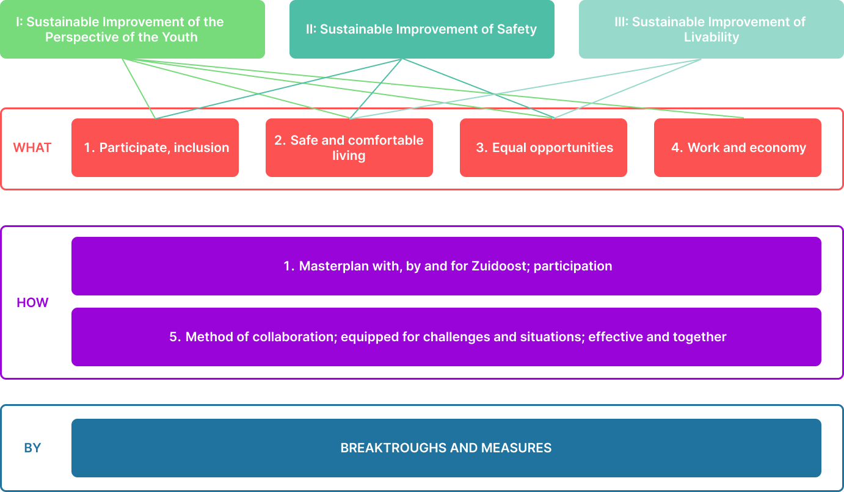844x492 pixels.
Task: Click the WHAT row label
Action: [32, 148]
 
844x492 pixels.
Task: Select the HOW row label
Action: [32, 303]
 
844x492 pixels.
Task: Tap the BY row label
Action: [32, 448]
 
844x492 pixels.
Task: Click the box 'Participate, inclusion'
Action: [155, 148]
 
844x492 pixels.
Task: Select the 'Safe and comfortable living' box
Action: [349, 148]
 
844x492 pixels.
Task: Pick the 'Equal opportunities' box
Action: [544, 148]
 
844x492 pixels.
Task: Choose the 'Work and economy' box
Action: [738, 148]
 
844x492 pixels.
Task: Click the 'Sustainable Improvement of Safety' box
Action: [421, 29]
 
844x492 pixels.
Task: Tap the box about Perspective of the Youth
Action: [132, 29]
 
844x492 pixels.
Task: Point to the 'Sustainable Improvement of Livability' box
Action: [711, 29]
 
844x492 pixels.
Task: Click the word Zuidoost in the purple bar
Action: [500, 266]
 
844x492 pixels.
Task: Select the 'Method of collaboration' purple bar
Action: [446, 337]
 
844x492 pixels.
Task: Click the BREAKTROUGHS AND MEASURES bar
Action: [446, 448]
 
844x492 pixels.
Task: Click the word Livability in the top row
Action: [711, 37]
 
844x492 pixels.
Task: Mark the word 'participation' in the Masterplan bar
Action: [573, 266]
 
